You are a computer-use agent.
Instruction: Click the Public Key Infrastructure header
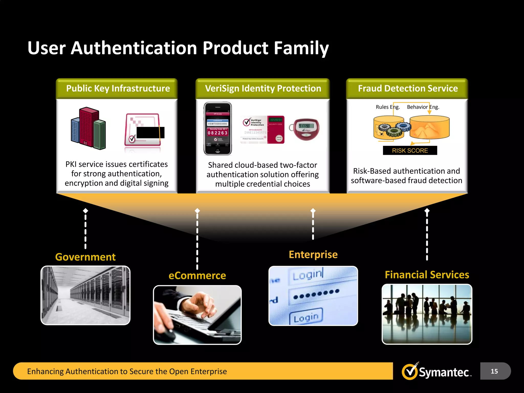coord(118,89)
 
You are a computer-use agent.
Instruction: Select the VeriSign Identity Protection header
coord(263,89)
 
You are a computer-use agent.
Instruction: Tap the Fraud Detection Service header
coord(408,89)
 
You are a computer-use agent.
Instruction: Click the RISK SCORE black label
coord(410,150)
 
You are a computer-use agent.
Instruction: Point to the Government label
coord(85,257)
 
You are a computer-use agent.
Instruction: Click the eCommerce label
coord(197,276)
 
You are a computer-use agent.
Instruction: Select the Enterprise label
coord(313,255)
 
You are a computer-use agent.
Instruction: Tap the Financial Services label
coord(427,275)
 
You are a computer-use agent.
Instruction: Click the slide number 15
coord(494,371)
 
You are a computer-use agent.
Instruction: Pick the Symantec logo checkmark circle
coord(410,372)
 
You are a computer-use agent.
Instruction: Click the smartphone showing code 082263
coord(218,128)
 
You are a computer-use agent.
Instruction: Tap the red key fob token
coord(306,129)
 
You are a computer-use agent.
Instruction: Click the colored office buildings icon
coord(88,128)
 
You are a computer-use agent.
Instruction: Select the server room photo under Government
coord(85,296)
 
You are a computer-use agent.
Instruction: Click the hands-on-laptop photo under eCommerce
coord(197,315)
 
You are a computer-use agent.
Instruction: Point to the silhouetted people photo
coord(427,314)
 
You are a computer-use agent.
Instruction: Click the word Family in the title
coord(301,48)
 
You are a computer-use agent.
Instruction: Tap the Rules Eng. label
coord(388,107)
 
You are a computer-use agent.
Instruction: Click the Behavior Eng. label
coord(423,107)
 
